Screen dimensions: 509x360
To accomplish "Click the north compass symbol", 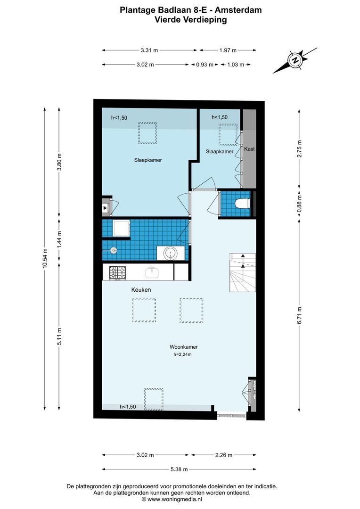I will (295, 60).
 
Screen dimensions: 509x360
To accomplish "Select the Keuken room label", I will (141, 290).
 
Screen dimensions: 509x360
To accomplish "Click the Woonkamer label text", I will (184, 347).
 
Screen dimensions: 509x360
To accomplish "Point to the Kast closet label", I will (249, 149).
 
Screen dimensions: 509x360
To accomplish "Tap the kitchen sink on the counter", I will (152, 272).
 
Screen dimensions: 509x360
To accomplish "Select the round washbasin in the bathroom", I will (170, 254).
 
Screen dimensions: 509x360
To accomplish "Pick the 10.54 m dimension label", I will (45, 258).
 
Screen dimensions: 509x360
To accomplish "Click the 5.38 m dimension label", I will (179, 469).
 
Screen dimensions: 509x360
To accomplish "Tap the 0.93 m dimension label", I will (205, 65).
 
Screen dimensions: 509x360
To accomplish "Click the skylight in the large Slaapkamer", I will (147, 134).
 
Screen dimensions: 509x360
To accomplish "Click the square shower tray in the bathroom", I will (122, 229).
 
